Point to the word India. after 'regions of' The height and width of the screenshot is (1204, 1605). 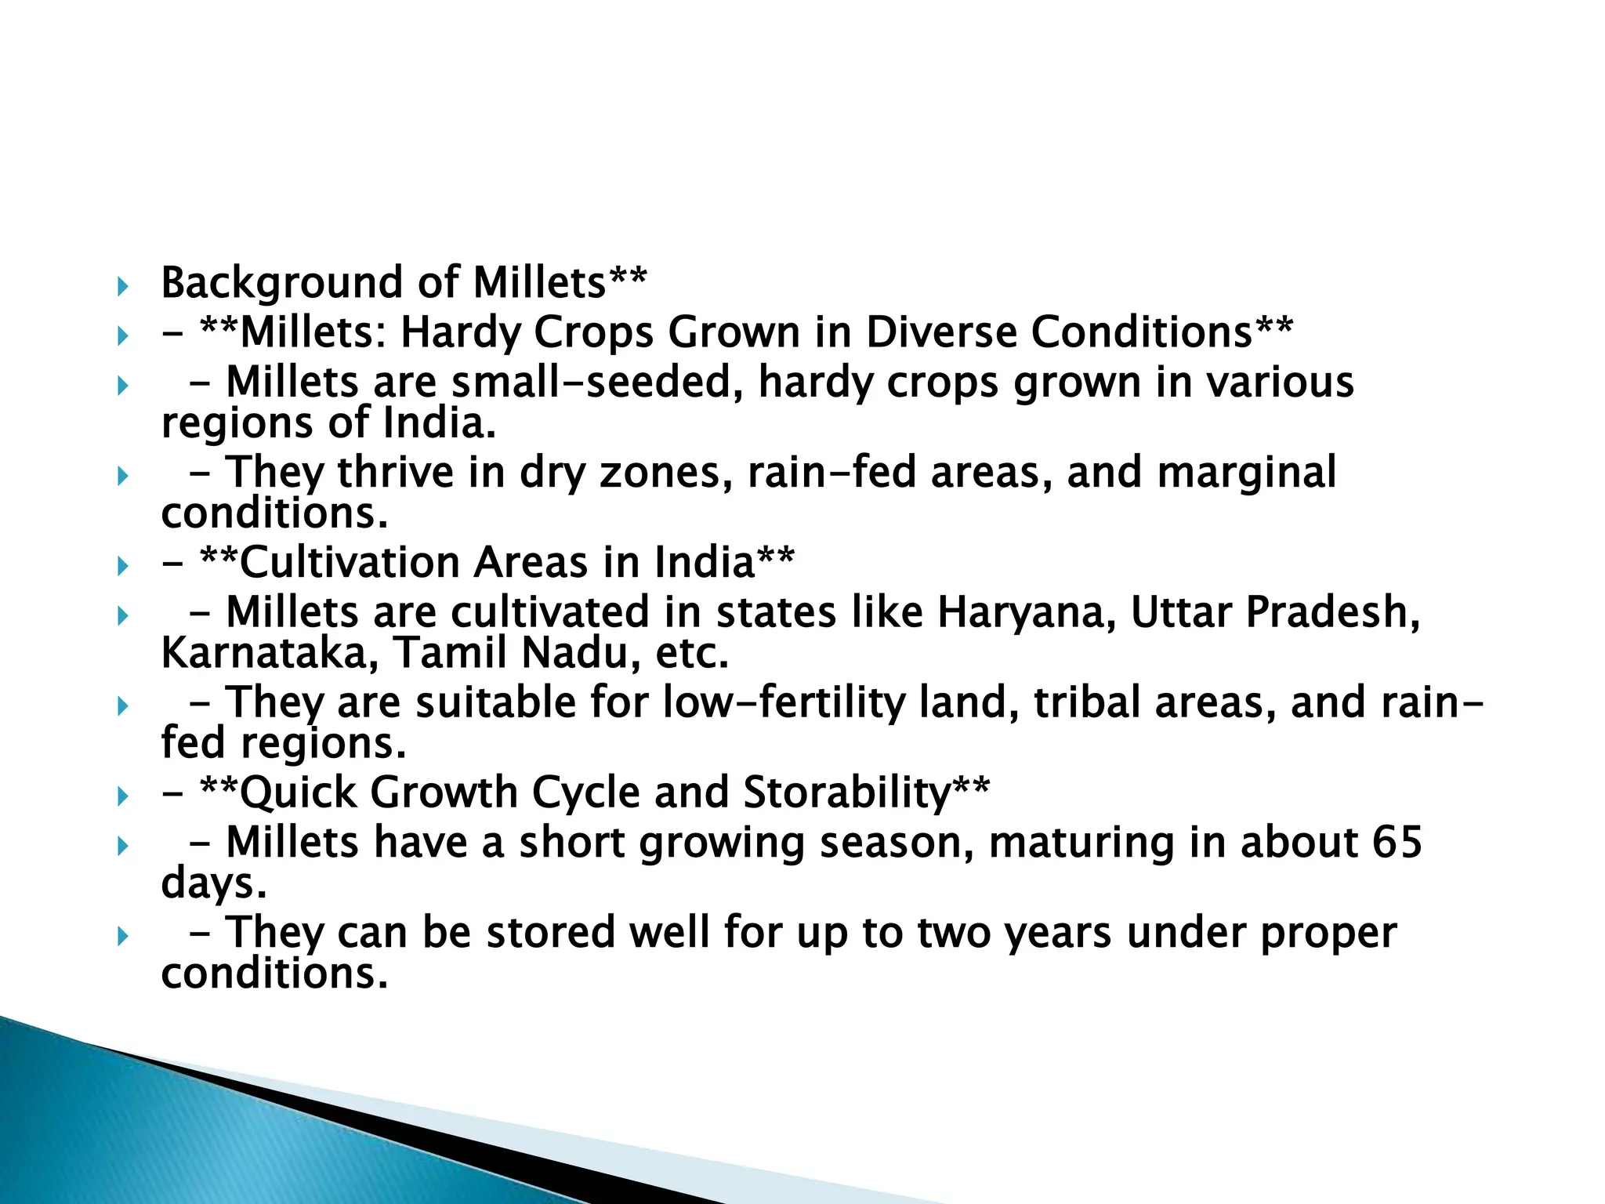pyautogui.click(x=439, y=423)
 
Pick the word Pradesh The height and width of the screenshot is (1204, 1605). pyautogui.click(x=1333, y=612)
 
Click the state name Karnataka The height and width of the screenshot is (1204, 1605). pyautogui.click(x=263, y=653)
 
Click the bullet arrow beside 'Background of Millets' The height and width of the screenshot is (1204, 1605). pyautogui.click(x=121, y=286)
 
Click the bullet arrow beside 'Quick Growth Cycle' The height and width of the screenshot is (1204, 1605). pyautogui.click(x=121, y=796)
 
